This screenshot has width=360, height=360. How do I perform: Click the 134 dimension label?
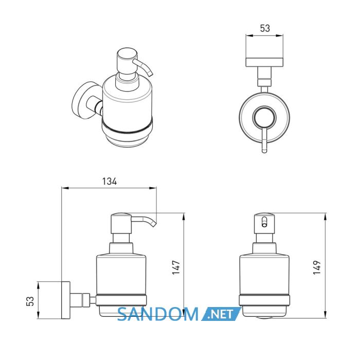point(110,182)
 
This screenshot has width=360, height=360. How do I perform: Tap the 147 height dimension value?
point(176,268)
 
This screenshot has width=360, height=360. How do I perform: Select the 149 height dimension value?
point(317,267)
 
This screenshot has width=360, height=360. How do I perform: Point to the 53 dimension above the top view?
point(265,28)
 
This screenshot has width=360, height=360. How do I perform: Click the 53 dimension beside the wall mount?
point(30,301)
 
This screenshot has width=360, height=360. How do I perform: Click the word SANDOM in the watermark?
point(158,315)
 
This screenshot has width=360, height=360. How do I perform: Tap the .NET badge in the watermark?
point(221,314)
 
